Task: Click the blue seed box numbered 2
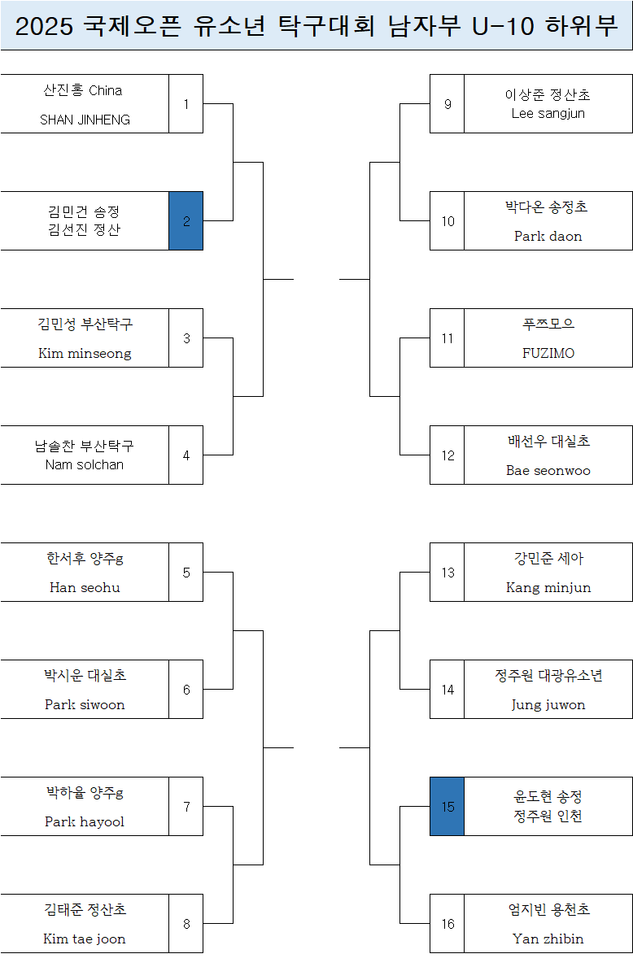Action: point(186,221)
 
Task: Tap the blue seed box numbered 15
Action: point(447,807)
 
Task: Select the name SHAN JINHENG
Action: point(85,120)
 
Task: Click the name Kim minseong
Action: point(85,354)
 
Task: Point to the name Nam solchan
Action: point(85,465)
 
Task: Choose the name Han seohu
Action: point(85,588)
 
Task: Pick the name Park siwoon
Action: point(85,705)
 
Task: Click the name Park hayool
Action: point(85,822)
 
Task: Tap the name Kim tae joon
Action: point(85,939)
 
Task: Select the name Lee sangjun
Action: point(548,114)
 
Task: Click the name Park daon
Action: point(548,237)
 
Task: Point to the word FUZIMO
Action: point(548,354)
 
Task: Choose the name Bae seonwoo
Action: point(548,471)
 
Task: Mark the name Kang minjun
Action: point(548,588)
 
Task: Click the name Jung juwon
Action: point(548,705)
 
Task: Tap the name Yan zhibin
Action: point(548,939)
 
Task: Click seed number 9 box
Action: point(447,104)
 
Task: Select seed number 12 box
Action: point(447,455)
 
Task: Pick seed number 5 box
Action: point(186,573)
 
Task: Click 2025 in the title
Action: point(45,27)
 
